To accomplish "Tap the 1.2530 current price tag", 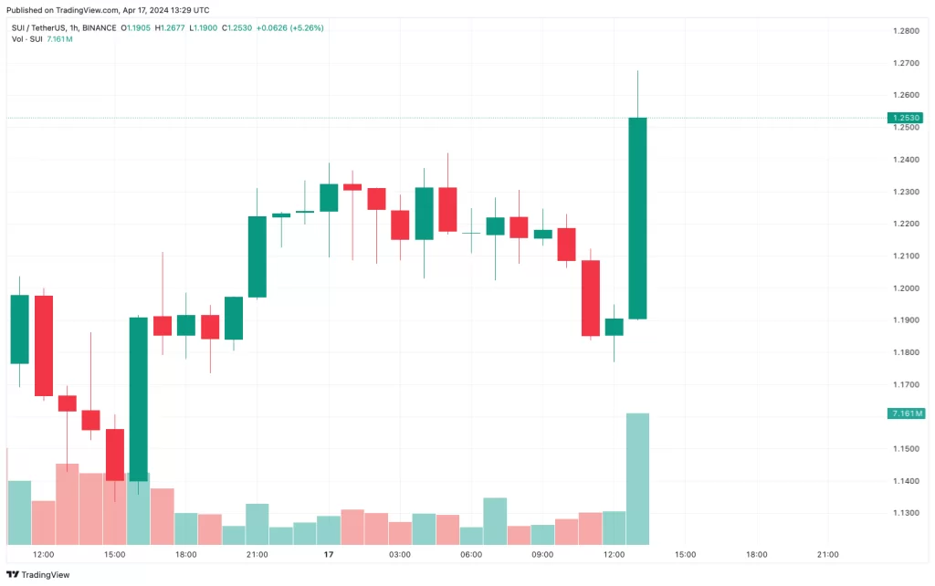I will (906, 118).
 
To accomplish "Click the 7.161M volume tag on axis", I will (906, 413).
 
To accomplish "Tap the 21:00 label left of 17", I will (257, 554).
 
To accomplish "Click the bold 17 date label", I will (328, 554).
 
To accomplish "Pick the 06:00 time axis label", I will (471, 554).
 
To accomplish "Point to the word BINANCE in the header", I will (99, 27).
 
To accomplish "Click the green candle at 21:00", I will (257, 256).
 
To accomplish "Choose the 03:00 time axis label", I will (400, 554).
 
